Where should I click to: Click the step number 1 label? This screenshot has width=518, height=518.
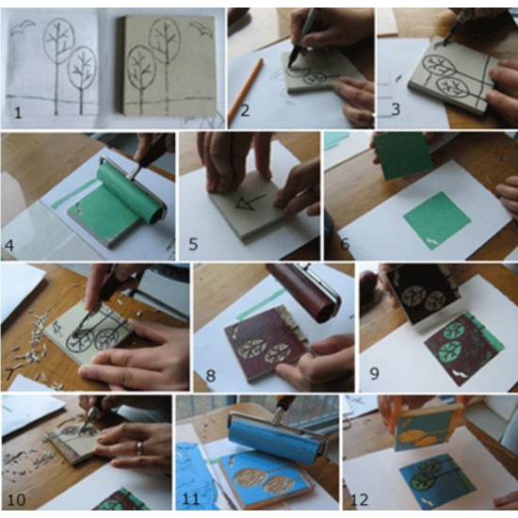[x=18, y=113]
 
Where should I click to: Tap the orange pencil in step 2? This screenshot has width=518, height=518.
[x=246, y=89]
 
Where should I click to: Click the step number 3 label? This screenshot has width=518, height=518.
[x=396, y=109]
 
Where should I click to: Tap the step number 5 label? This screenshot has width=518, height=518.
[x=193, y=245]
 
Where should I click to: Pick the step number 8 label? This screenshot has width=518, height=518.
[x=210, y=376]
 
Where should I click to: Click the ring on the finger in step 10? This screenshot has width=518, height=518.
[x=140, y=447]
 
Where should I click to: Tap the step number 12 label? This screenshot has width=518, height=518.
[x=360, y=500]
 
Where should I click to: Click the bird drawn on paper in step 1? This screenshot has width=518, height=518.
[x=23, y=27]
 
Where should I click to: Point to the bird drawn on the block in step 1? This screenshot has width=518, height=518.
[x=202, y=29]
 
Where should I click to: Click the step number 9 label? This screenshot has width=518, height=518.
[x=374, y=374]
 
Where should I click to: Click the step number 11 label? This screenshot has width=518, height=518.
[x=190, y=499]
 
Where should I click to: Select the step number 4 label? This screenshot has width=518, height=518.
[x=9, y=246]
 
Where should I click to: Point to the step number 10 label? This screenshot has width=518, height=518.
[x=17, y=500]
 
